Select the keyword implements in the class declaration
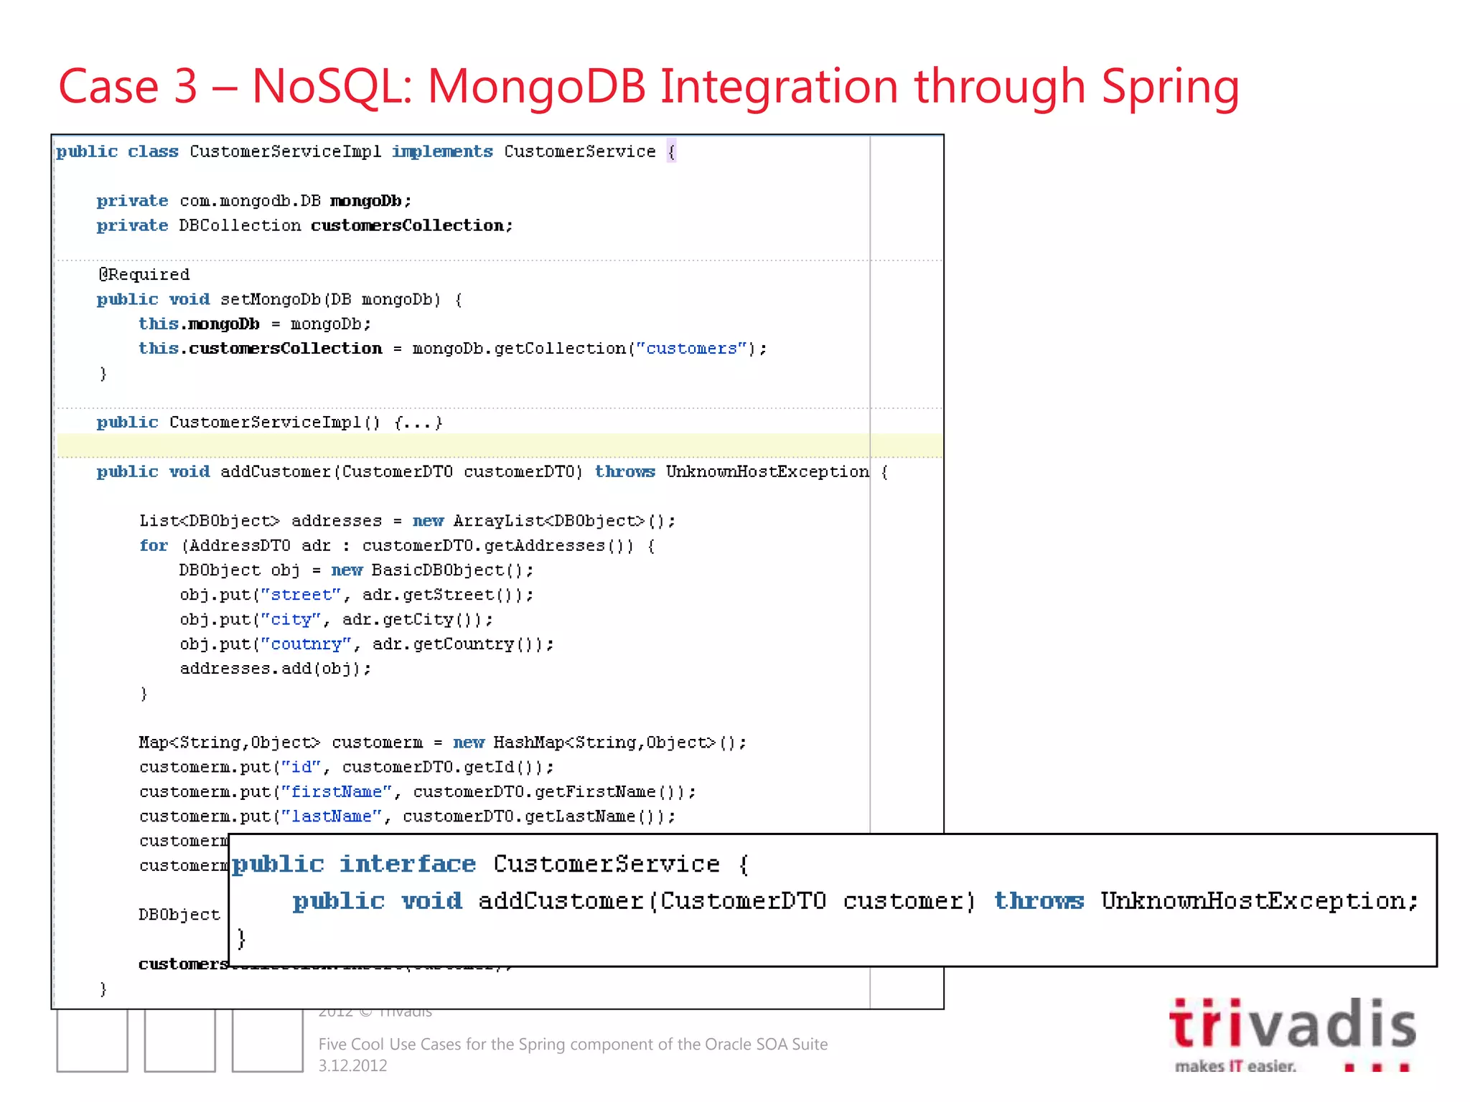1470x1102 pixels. point(442,151)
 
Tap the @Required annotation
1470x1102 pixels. point(144,274)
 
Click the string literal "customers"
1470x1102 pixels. point(692,349)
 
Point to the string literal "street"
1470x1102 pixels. point(301,595)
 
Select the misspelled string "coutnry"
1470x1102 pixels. point(306,644)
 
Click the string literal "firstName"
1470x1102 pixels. point(336,792)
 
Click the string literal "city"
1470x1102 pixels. point(291,620)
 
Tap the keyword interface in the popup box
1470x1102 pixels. point(407,864)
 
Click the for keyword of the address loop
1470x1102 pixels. point(154,546)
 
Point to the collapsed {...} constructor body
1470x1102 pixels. point(418,423)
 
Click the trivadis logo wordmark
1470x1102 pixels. point(1292,1024)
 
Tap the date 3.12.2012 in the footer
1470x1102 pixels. point(352,1066)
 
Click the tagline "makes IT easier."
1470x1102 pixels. point(1235,1066)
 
